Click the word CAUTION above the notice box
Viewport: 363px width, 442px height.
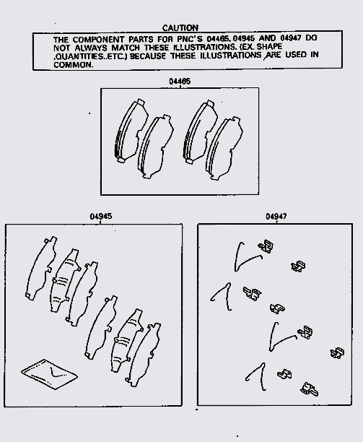[x=180, y=28]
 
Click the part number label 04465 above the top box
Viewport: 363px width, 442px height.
[x=180, y=82]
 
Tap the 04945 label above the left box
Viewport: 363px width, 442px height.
[x=101, y=217]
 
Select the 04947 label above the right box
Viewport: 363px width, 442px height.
[x=276, y=217]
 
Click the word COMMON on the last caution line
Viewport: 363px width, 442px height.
[x=73, y=64]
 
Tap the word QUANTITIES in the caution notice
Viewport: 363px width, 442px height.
[x=77, y=56]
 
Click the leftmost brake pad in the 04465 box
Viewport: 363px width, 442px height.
[x=131, y=131]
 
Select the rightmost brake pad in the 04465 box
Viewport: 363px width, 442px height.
[x=224, y=148]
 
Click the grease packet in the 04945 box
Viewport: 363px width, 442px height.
[x=50, y=374]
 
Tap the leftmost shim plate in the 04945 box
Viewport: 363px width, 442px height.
[x=41, y=268]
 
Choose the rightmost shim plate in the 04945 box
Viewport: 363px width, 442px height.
[x=143, y=355]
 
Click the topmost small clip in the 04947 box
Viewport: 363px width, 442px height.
[x=266, y=246]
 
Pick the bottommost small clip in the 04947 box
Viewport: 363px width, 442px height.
[x=309, y=389]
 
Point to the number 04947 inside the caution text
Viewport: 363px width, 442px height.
[x=291, y=38]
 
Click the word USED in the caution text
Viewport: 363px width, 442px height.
[x=296, y=54]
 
